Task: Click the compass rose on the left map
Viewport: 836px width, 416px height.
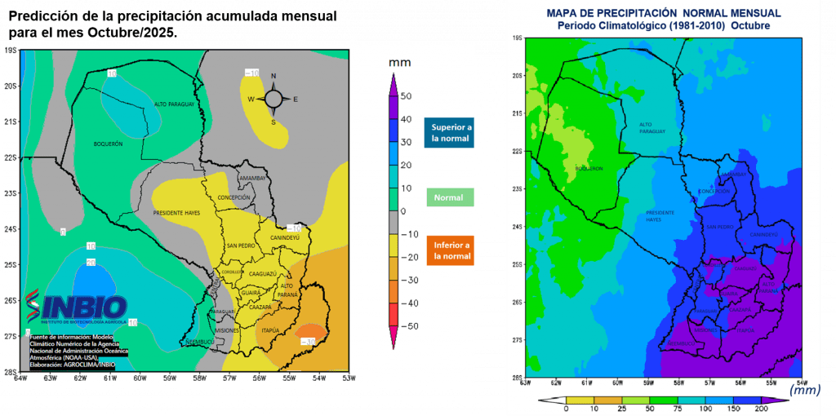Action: tap(273, 100)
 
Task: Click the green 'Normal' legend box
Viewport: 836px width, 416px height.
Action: tap(448, 197)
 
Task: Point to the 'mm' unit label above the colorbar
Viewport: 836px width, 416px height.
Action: tap(399, 63)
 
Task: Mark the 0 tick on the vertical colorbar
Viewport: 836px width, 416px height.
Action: tap(402, 210)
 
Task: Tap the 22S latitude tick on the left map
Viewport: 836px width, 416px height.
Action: tap(11, 157)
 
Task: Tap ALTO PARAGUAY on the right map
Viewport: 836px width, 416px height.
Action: tap(652, 127)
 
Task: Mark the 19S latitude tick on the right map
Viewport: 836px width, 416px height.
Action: tap(516, 38)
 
